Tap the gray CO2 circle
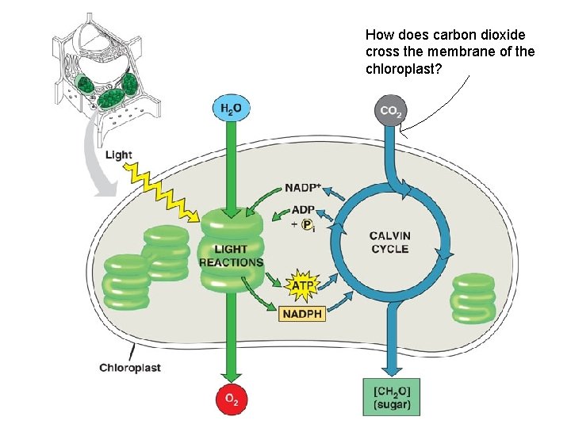(x=389, y=111)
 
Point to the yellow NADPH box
(x=302, y=314)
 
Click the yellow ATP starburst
(x=302, y=284)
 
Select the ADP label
(x=303, y=210)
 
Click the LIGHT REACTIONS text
(x=231, y=256)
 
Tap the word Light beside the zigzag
(x=119, y=155)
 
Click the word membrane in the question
(x=456, y=52)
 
